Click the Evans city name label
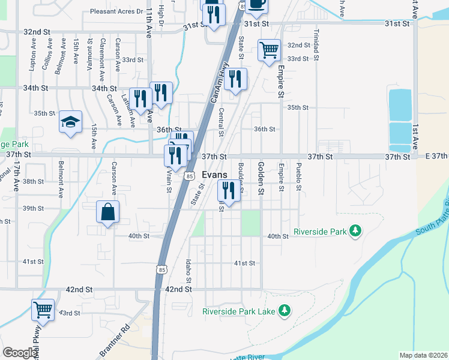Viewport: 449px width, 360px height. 214,173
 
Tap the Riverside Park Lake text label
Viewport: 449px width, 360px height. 238,311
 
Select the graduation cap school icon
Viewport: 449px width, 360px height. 70,122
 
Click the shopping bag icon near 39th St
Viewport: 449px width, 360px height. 108,212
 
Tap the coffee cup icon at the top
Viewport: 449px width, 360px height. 256,5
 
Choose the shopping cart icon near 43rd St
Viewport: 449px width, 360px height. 43,310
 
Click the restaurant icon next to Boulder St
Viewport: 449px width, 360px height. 228,191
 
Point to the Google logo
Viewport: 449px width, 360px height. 20,353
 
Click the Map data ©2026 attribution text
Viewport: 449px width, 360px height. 423,355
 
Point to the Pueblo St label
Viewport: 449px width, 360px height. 298,176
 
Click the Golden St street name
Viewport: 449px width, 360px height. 261,178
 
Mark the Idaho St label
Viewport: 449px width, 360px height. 188,272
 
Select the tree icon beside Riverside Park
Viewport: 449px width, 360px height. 355,230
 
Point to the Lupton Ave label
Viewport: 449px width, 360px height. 32,55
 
